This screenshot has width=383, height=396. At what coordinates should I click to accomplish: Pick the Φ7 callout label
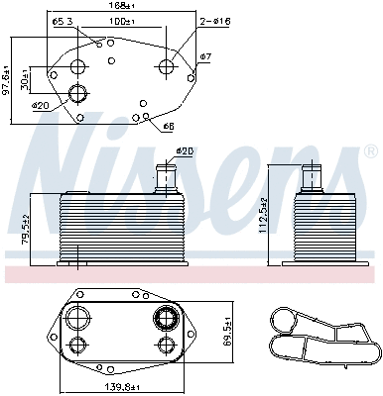(204, 56)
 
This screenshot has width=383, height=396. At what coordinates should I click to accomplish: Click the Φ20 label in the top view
(41, 105)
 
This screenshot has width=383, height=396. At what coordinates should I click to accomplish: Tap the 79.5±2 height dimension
(27, 229)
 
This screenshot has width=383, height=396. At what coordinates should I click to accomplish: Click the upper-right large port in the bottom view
(165, 319)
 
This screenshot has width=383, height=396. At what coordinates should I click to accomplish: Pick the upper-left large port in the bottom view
(77, 319)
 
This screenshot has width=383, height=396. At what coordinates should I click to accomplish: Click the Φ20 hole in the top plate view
(78, 95)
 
